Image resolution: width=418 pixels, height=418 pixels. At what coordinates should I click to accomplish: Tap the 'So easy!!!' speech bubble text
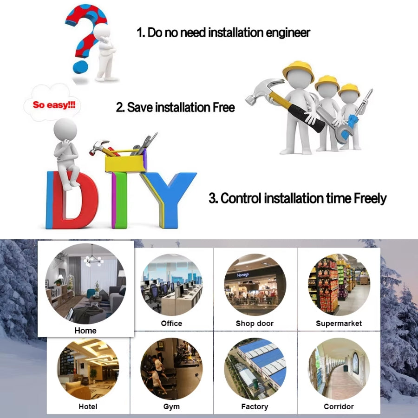click(x=54, y=104)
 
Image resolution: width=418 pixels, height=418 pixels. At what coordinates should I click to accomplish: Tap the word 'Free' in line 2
click(x=224, y=107)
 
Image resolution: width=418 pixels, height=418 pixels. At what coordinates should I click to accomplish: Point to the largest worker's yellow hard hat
click(x=299, y=69)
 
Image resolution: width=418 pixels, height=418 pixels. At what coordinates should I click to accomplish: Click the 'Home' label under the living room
click(x=85, y=331)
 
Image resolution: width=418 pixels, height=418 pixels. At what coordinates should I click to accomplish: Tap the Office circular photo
click(x=171, y=284)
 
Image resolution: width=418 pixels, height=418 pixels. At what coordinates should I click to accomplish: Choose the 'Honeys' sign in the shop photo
click(x=243, y=275)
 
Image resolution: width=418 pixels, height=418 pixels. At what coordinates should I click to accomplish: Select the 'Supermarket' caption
click(x=339, y=323)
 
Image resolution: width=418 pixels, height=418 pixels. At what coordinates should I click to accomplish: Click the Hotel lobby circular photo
click(x=88, y=369)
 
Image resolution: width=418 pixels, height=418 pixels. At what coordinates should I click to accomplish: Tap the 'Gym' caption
click(x=171, y=407)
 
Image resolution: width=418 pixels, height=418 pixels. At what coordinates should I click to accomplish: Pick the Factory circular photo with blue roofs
click(x=255, y=369)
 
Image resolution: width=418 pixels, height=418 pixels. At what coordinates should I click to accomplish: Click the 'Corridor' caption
click(x=339, y=406)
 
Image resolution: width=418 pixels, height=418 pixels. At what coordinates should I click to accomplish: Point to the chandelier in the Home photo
click(x=93, y=258)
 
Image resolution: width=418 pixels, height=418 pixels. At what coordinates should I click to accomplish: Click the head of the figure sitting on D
click(x=65, y=130)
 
